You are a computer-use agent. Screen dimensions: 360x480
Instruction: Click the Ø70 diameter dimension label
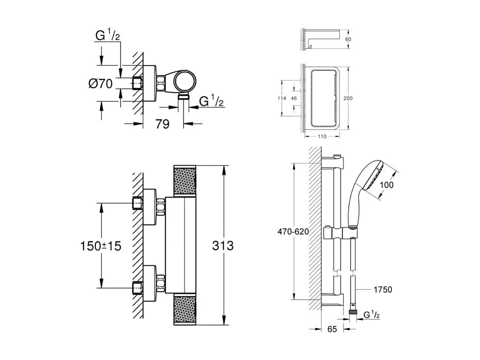coord(100,84)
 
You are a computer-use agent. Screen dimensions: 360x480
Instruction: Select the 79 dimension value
coord(163,124)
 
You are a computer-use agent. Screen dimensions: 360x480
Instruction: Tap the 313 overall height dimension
coord(223,246)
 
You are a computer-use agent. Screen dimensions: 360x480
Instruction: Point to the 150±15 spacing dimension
coord(100,246)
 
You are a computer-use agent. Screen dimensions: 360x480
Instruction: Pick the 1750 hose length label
coord(382,290)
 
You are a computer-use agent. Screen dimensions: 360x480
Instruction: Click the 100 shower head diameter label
coord(387,185)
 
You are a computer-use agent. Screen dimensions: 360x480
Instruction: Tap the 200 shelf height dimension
coord(347,98)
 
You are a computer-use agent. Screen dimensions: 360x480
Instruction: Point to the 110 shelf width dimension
coord(322,137)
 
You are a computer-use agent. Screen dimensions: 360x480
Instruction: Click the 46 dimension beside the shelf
coord(294,98)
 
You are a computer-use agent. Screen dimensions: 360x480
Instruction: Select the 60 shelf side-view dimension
coord(348,40)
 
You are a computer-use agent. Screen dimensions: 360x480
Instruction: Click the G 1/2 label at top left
coord(107,36)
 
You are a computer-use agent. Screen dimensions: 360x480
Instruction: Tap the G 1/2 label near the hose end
coord(371,315)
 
